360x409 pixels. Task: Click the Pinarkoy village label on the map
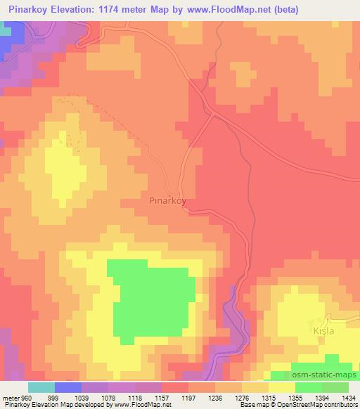click(167, 199)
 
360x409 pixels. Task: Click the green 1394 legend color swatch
click(309, 387)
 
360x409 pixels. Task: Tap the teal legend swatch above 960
click(41, 387)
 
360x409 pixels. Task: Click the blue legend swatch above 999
click(67, 387)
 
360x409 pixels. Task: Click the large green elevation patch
click(150, 299)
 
